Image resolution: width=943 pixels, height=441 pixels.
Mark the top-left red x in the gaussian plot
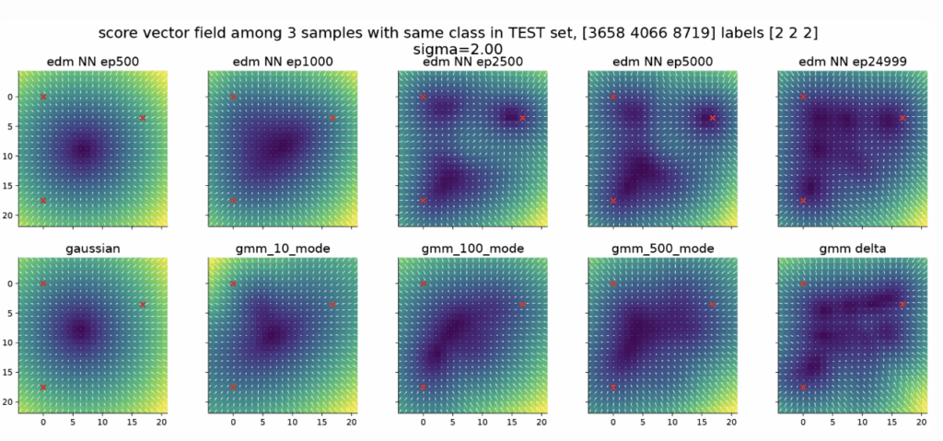[x=43, y=284]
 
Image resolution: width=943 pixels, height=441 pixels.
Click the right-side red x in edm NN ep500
[x=143, y=118]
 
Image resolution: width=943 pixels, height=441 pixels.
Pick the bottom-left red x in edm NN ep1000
[x=233, y=201]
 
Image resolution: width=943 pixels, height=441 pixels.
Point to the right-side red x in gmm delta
[x=902, y=304]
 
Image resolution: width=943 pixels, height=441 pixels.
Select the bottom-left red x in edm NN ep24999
[x=803, y=201]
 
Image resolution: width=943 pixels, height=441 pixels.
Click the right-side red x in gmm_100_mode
[x=522, y=304]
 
